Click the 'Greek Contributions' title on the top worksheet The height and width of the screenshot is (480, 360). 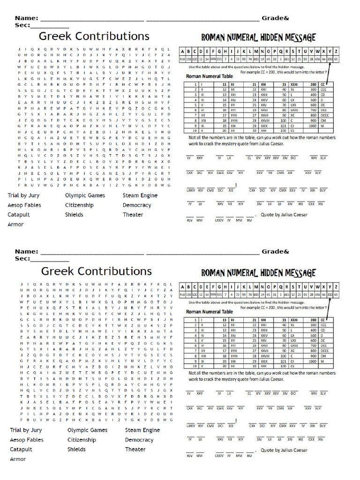[x=94, y=36]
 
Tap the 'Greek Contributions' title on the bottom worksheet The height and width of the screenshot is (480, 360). [x=97, y=271]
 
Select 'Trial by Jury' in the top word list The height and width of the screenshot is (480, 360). [x=23, y=195]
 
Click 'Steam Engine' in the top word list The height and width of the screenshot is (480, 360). [x=140, y=195]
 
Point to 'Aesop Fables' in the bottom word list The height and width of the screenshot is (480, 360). [x=27, y=440]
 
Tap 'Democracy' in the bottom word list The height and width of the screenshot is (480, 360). [x=139, y=440]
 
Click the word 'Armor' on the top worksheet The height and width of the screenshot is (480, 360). [x=15, y=224]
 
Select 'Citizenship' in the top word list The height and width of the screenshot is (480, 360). [x=79, y=205]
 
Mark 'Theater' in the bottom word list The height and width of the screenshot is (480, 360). [x=135, y=449]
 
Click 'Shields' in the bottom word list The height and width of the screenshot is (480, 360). [x=76, y=449]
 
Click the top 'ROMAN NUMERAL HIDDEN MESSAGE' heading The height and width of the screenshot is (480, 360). [x=258, y=37]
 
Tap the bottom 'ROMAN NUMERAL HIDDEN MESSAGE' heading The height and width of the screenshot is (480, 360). [x=258, y=273]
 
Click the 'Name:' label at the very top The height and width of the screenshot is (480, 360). [x=26, y=18]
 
